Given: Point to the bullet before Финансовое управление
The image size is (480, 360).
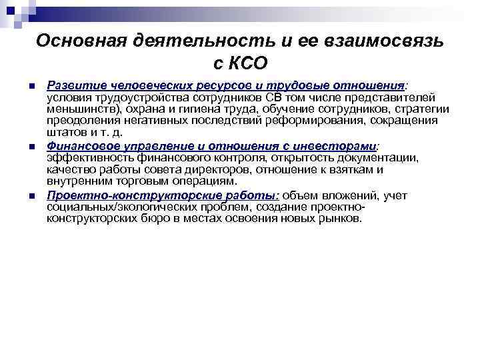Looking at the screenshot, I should click(x=31, y=145).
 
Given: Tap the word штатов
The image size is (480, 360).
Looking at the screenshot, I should click(x=65, y=132).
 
